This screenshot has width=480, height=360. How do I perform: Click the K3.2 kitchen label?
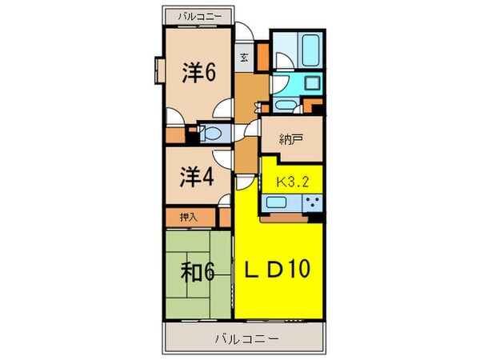pos(292,180)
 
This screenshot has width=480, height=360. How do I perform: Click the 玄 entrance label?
pos(244,57)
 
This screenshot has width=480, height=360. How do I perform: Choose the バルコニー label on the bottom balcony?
pos(246,338)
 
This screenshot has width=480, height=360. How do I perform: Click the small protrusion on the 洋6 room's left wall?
pos(156,69)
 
